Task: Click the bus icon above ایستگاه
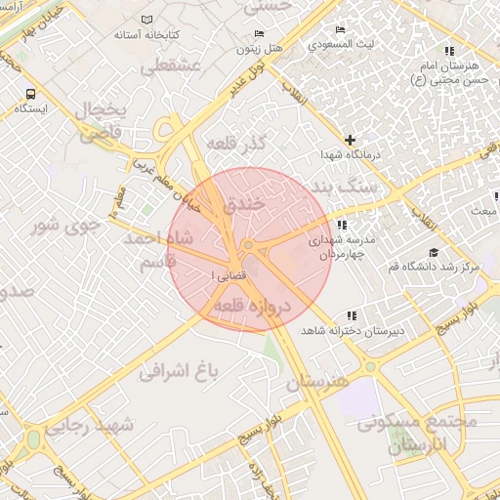coord(31,95)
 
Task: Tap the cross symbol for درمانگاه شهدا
coord(351,141)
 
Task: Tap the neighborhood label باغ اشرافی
coord(175,370)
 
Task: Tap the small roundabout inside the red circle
coord(249,244)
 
